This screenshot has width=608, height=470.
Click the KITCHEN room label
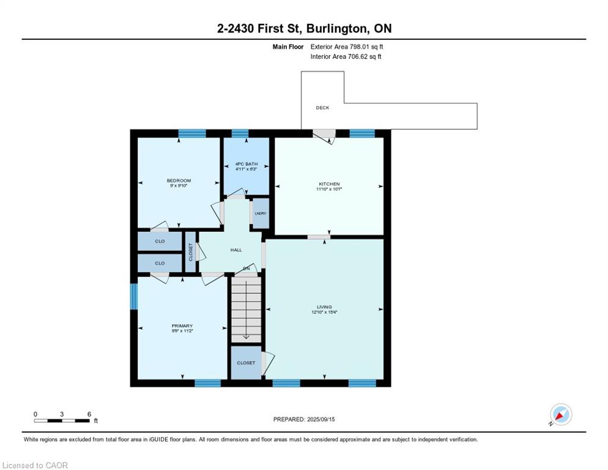328,184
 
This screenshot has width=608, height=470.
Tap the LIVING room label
324,307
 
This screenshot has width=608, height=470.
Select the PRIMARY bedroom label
182,326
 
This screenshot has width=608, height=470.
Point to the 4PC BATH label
245,164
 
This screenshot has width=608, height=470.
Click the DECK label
322,108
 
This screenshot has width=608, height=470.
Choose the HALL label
236,250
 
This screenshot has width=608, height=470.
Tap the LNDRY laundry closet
261,214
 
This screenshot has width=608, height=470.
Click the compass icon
560,414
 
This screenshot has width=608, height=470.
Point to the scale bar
62,420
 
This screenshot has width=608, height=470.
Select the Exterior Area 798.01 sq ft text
347,47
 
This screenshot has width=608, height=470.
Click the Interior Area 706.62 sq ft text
346,57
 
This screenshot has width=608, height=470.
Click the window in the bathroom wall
240,133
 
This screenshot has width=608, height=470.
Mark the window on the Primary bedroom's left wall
134,296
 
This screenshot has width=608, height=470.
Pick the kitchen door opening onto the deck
325,134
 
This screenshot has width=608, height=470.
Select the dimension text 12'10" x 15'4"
324,312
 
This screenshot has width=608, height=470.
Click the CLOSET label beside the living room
246,363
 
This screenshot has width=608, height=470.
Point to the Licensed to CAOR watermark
35,466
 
